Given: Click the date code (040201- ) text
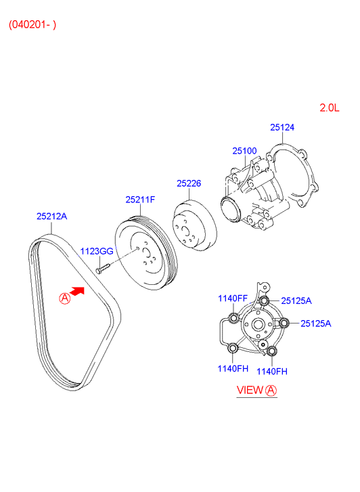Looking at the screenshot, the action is pyautogui.click(x=32, y=24).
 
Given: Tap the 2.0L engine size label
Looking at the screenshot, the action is pyautogui.click(x=330, y=108).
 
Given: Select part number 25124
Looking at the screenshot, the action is pyautogui.click(x=282, y=127).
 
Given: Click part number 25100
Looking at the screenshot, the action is pyautogui.click(x=244, y=151).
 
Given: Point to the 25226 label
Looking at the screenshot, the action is pyautogui.click(x=189, y=183).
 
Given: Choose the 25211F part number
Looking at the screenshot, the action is pyautogui.click(x=140, y=200).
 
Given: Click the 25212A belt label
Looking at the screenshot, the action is pyautogui.click(x=52, y=216).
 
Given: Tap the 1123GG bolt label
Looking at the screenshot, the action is pyautogui.click(x=97, y=251).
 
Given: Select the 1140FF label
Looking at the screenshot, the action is pyautogui.click(x=233, y=298).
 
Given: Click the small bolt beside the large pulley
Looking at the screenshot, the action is pyautogui.click(x=103, y=269).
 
